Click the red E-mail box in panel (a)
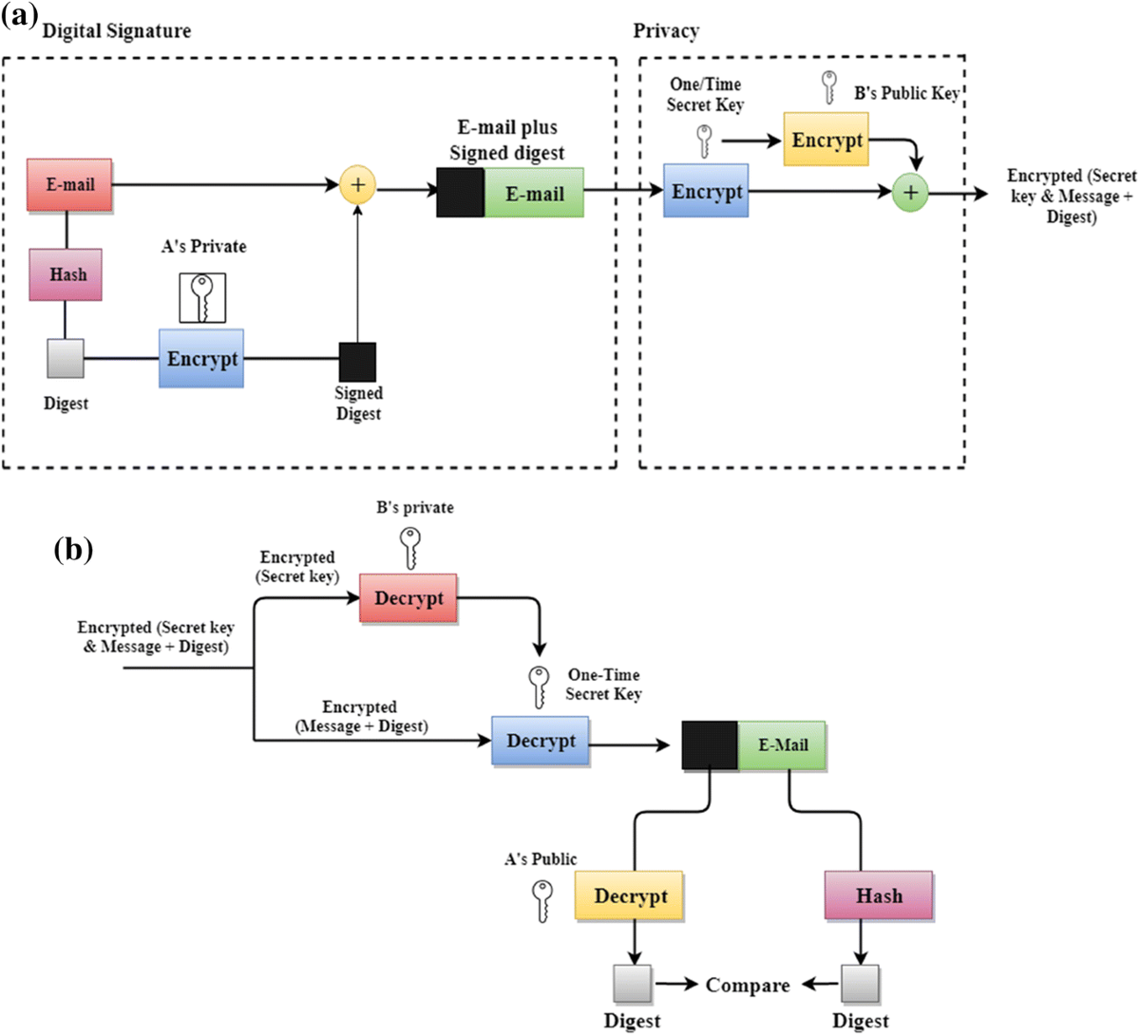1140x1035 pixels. pyautogui.click(x=70, y=184)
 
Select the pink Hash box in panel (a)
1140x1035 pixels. pyautogui.click(x=66, y=274)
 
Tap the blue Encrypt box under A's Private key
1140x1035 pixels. pyautogui.click(x=201, y=359)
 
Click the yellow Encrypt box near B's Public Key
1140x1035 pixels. pyautogui.click(x=826, y=140)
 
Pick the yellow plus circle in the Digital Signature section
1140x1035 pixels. pyautogui.click(x=358, y=184)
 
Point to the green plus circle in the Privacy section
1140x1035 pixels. pyautogui.click(x=910, y=193)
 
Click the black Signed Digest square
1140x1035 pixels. pyautogui.click(x=358, y=362)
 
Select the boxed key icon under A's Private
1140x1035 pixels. pyautogui.click(x=202, y=297)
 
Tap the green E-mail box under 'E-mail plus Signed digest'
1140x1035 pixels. pyautogui.click(x=534, y=194)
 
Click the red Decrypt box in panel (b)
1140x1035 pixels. pyautogui.click(x=408, y=598)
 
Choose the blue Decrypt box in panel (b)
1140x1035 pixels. pyautogui.click(x=541, y=741)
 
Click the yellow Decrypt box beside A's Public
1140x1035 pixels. pyautogui.click(x=630, y=895)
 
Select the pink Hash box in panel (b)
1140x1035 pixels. pyautogui.click(x=879, y=895)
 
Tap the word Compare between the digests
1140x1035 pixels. pyautogui.click(x=748, y=986)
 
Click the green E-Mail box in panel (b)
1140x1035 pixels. pyautogui.click(x=782, y=745)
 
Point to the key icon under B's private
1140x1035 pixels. pyautogui.click(x=410, y=548)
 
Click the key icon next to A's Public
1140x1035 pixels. pyautogui.click(x=542, y=900)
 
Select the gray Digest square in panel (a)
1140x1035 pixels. pyautogui.click(x=66, y=359)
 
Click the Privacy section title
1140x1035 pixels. pyautogui.click(x=666, y=31)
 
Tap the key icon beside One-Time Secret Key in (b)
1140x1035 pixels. pyautogui.click(x=539, y=687)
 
